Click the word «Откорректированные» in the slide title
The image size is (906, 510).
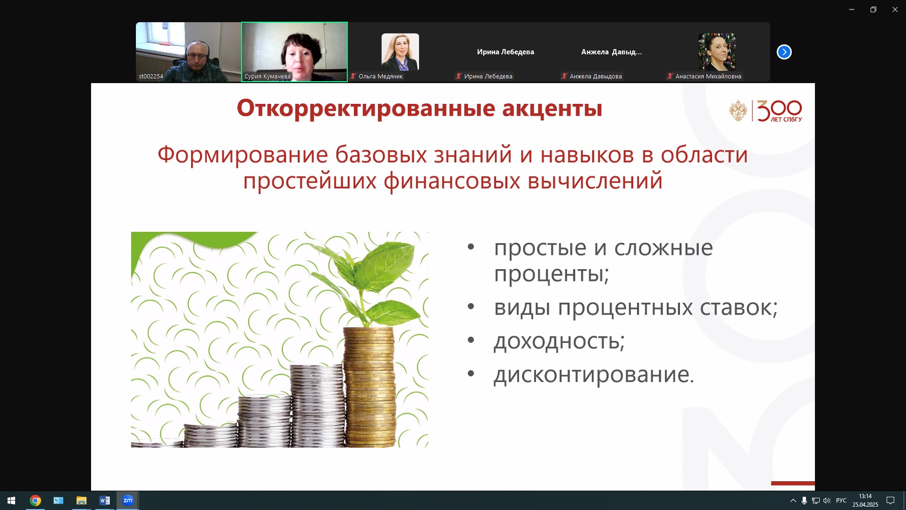point(366,108)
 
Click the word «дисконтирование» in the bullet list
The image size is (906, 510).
point(591,374)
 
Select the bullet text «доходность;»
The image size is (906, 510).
point(559,340)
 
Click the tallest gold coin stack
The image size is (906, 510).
point(370,387)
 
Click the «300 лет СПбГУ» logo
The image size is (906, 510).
point(765,111)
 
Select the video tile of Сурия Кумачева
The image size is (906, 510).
point(294,52)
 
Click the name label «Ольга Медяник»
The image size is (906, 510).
point(380,76)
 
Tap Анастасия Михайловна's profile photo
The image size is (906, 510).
point(717,52)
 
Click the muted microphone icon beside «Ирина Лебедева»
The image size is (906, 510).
point(458,76)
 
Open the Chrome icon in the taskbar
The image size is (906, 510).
point(35,501)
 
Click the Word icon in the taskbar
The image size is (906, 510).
point(105,501)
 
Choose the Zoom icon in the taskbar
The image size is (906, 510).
point(128,501)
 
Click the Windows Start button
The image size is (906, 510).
point(11,501)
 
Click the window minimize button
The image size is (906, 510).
point(852,9)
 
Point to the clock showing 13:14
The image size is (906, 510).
point(865,496)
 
